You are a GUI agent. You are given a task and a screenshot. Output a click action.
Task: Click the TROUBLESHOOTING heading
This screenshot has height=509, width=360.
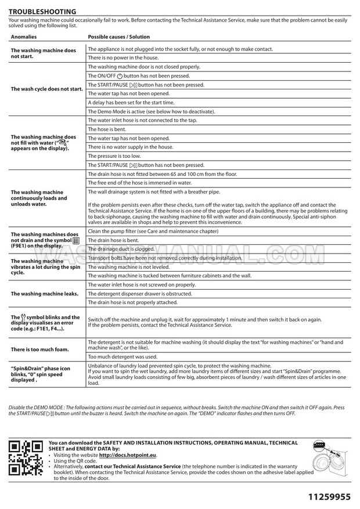click(x=42, y=12)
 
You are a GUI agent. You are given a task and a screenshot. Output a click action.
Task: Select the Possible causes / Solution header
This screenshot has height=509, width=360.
click(x=119, y=37)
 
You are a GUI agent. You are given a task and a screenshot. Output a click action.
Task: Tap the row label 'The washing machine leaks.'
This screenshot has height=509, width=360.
click(x=45, y=294)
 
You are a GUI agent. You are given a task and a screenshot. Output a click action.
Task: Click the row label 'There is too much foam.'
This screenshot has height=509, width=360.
click(x=40, y=349)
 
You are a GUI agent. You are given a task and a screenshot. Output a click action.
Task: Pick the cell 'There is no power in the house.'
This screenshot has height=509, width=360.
click(x=123, y=58)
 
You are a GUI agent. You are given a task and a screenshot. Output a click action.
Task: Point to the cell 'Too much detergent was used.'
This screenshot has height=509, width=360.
click(x=123, y=356)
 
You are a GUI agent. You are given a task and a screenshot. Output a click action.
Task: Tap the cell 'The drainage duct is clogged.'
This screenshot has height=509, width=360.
click(x=121, y=249)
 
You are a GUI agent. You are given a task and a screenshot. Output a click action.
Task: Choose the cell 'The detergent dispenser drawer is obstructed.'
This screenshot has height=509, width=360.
click(x=140, y=294)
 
